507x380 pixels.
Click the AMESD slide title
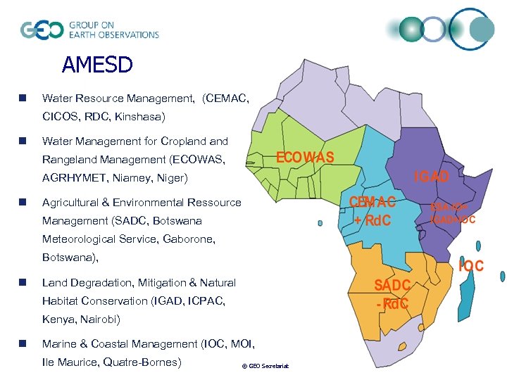tap(97, 65)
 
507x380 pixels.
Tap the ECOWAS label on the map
tap(305, 157)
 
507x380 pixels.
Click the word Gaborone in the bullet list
tap(188, 239)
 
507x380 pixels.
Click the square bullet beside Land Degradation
tap(24, 283)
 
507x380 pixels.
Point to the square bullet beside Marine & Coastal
tap(24, 344)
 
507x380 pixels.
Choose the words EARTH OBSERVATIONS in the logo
tap(113, 34)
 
